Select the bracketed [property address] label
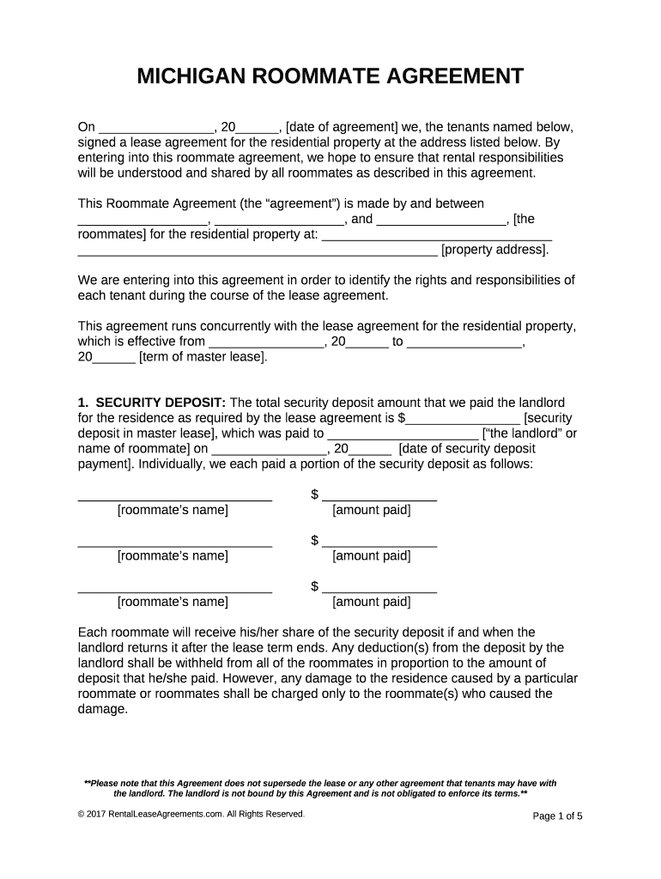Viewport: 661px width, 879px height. click(494, 250)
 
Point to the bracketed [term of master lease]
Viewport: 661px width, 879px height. click(203, 356)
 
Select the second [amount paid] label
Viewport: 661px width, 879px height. click(371, 555)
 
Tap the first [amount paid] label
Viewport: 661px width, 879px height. click(371, 510)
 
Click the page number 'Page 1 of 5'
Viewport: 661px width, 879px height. click(557, 815)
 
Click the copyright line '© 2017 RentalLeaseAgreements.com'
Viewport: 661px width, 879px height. click(191, 814)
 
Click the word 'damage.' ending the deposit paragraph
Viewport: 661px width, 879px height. click(102, 710)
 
